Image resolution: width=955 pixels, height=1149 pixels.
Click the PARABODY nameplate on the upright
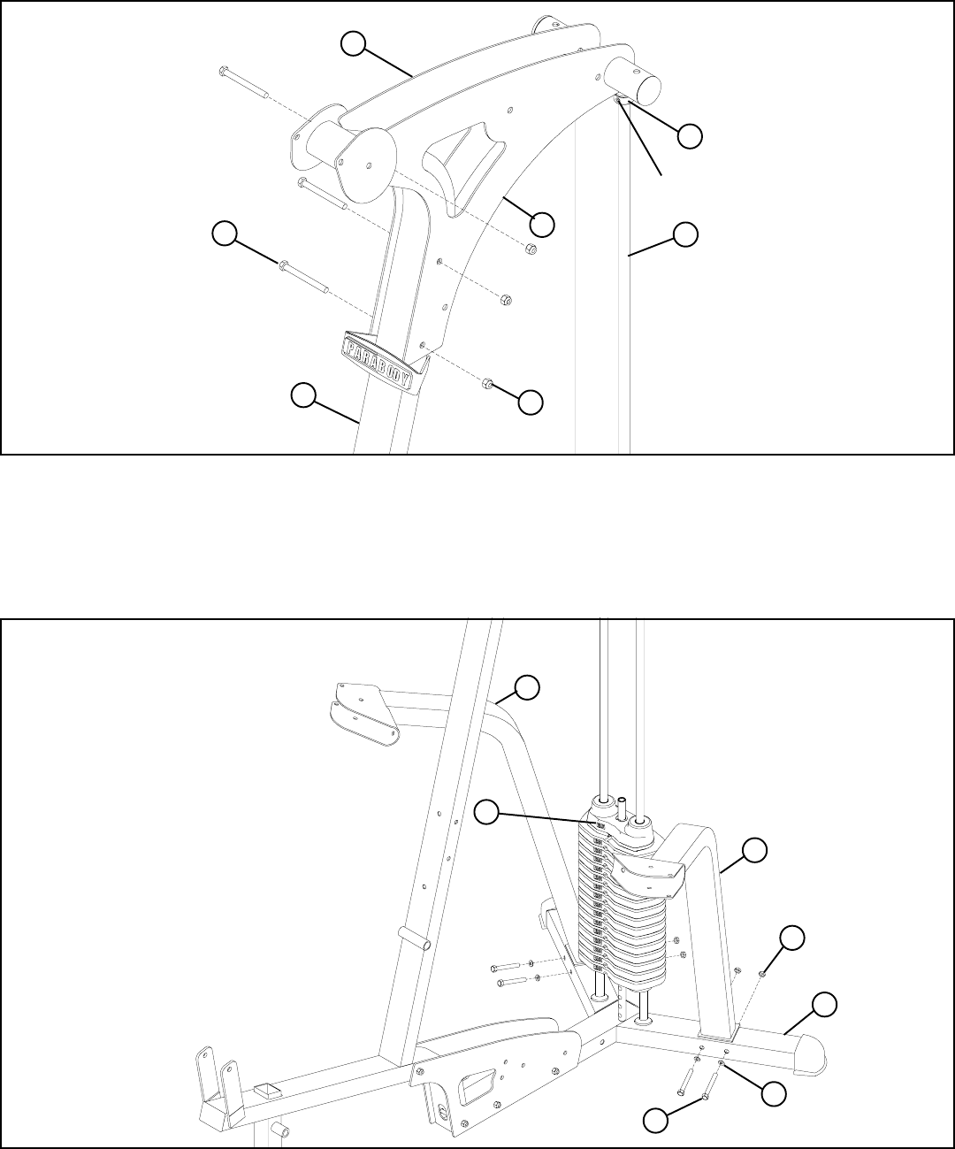point(383,357)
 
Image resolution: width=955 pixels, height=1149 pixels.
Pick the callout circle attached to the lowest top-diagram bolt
point(225,234)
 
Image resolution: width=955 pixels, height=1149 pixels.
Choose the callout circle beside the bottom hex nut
point(531,401)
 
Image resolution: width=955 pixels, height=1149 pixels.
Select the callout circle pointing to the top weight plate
point(488,811)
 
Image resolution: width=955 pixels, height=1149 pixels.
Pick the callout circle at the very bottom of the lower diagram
point(655,1121)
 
